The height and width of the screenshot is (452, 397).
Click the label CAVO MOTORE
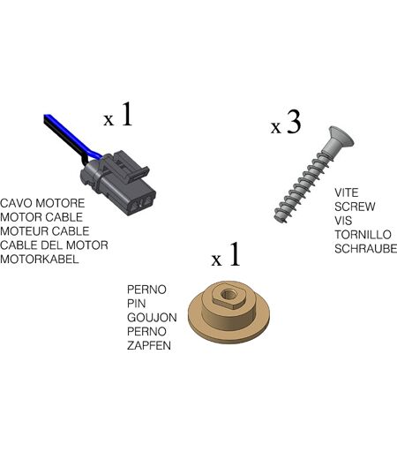[42, 203]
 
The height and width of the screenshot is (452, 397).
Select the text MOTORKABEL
[40, 260]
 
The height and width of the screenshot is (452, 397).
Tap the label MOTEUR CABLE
[45, 231]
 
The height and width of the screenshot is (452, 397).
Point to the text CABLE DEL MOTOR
[54, 245]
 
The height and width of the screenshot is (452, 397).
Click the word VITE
[347, 192]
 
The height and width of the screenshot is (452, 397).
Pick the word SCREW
[355, 207]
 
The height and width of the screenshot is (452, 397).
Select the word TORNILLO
[363, 235]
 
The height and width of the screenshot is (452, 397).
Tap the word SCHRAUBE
[365, 249]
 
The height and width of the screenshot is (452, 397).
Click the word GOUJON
[152, 318]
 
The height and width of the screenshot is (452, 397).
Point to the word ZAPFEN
[149, 345]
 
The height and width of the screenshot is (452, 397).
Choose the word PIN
[136, 304]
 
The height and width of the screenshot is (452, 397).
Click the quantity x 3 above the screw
[286, 122]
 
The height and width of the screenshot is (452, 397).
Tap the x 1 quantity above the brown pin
[226, 254]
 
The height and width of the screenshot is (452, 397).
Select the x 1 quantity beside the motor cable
[118, 115]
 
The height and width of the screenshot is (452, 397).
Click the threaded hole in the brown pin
[228, 294]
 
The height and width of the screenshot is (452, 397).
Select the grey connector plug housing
[118, 183]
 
